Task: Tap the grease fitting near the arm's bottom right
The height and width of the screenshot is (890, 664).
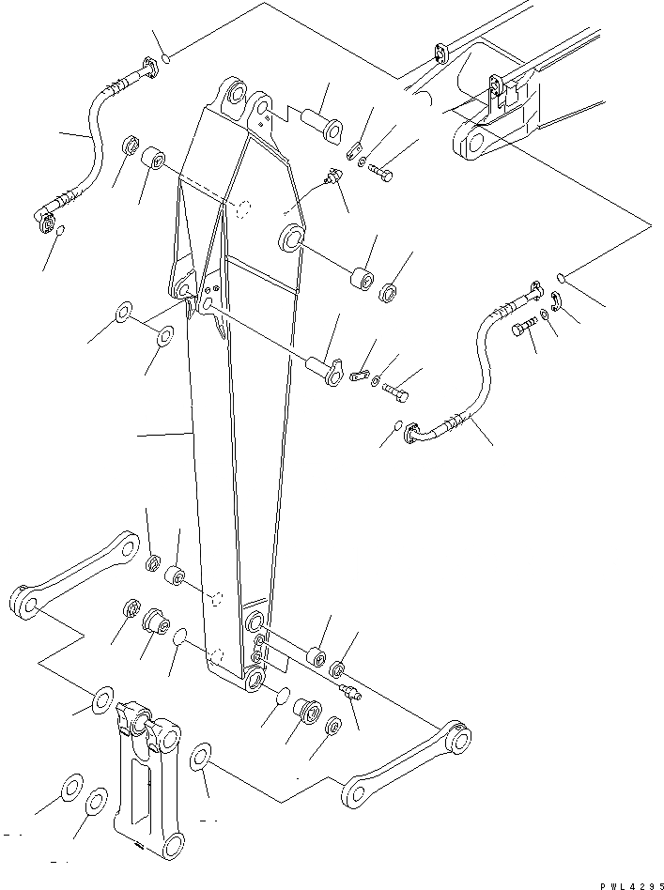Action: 351,693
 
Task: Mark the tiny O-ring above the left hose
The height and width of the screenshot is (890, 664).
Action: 165,60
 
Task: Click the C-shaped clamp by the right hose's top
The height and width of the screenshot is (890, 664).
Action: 555,301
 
